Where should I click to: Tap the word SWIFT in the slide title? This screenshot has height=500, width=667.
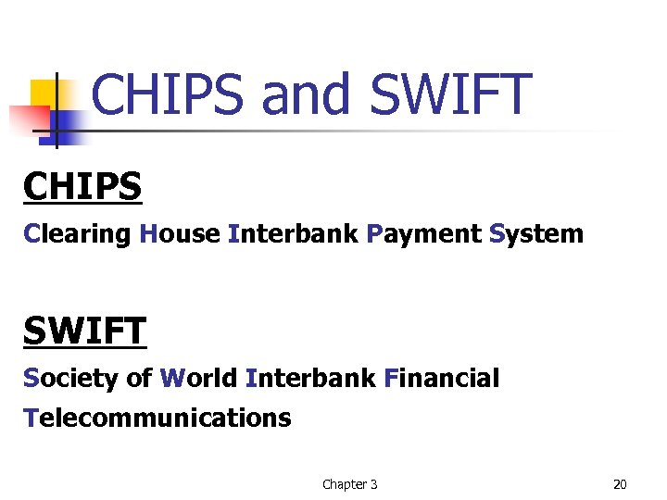coord(450,94)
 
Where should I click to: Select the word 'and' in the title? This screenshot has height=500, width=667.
coord(307,94)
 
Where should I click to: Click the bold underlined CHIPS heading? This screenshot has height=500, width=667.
coord(83,186)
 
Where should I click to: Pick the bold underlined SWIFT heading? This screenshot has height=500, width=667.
coord(85,331)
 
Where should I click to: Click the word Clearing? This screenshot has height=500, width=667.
coord(78,233)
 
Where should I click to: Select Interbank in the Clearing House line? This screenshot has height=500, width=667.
coord(292,233)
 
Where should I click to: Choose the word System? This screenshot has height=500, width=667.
coord(536,233)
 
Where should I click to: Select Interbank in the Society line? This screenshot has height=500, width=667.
coord(310,378)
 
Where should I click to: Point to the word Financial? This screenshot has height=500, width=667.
coord(441,378)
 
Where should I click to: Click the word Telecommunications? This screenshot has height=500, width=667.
coord(157,418)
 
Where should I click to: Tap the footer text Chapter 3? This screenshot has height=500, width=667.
coord(349,483)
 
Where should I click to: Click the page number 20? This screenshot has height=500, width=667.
coord(620,483)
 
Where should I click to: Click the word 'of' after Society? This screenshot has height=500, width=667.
coord(139,378)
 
